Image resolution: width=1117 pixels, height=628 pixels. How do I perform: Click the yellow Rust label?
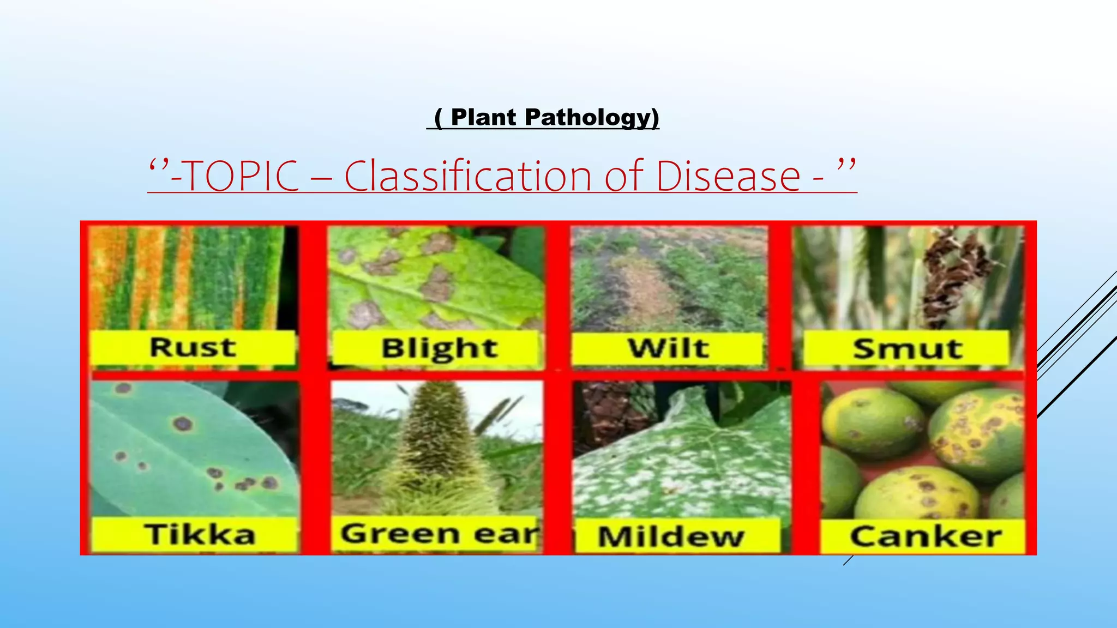click(x=193, y=347)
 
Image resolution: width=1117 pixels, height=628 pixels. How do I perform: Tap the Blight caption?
click(x=439, y=348)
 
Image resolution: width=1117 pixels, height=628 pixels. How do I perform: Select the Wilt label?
click(x=668, y=348)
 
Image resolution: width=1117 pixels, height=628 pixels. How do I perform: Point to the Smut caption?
click(x=907, y=348)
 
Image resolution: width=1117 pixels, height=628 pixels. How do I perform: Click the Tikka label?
click(x=199, y=534)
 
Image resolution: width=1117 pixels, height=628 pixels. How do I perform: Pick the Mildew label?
click(x=671, y=536)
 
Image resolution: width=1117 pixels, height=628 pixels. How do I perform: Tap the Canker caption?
click(x=926, y=536)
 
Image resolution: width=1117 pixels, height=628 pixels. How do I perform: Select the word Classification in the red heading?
click(x=467, y=176)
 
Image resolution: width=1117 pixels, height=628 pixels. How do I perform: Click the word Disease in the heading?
click(x=728, y=176)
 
